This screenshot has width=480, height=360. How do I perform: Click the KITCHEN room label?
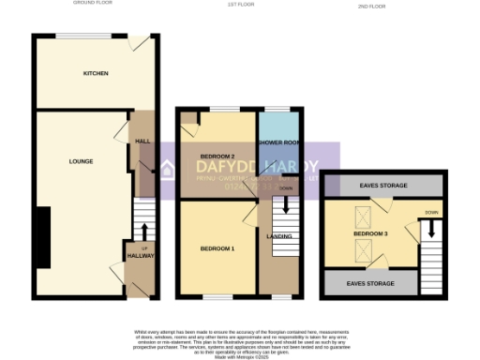pos(96,73)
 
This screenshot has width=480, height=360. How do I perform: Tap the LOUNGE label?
pos(82,161)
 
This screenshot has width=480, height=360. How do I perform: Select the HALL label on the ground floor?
pos(142,142)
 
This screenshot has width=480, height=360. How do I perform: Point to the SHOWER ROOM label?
pos(280,142)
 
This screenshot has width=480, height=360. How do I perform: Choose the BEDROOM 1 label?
pos(217,248)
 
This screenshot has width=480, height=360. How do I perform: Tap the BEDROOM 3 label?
pos(370,232)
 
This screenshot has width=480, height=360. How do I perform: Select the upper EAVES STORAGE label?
pos(382,187)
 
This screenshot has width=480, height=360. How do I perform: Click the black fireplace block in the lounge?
pos(42,237)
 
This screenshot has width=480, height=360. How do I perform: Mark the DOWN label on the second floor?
pos(430,213)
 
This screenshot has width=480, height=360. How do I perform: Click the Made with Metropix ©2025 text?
pos(239,355)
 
